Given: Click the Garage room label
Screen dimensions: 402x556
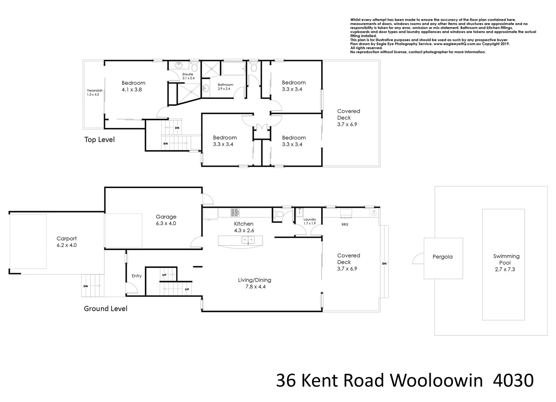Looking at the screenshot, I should (x=166, y=220).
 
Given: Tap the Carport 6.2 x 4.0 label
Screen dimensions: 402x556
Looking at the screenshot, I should (x=66, y=242).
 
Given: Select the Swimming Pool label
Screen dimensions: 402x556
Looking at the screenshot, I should (x=506, y=262).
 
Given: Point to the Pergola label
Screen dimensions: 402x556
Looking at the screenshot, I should (x=442, y=257).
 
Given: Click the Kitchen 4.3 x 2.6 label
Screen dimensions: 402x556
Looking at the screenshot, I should (x=243, y=227).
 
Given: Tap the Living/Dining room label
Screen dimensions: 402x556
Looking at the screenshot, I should (x=255, y=283).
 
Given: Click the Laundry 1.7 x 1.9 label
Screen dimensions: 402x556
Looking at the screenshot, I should (x=310, y=221).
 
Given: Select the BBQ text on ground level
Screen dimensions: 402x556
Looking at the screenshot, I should (x=345, y=224).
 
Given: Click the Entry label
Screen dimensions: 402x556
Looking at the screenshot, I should (x=136, y=276).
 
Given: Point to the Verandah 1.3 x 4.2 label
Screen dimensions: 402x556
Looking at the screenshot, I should (x=95, y=92).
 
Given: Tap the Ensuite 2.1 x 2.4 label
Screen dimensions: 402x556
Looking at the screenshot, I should (x=188, y=76).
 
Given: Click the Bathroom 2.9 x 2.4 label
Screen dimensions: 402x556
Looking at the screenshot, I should (x=225, y=87).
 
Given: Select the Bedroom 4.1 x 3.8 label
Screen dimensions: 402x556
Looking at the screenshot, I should (x=133, y=86).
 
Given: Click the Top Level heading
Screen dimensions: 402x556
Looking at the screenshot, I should (x=99, y=140).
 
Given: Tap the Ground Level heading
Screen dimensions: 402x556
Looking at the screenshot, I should (x=105, y=309).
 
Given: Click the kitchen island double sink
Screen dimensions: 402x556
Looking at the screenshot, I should (x=248, y=240).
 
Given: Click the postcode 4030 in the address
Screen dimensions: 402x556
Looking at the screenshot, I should (x=513, y=381).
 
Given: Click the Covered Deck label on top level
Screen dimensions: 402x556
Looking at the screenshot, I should (x=348, y=118).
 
